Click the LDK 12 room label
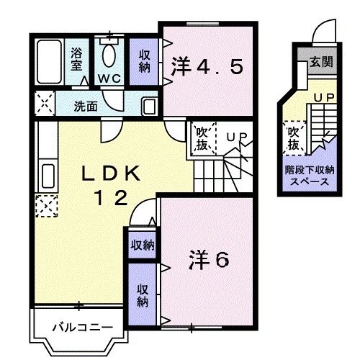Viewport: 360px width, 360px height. pyautogui.click(x=114, y=184)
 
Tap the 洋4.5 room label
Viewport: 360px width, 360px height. pyautogui.click(x=207, y=68)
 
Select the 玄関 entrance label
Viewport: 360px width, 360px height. pyautogui.click(x=322, y=62)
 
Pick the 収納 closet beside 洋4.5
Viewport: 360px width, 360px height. pyautogui.click(x=145, y=59)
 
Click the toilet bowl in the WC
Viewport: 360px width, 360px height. pyautogui.click(x=110, y=55)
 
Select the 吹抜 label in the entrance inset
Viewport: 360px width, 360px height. pyautogui.click(x=293, y=138)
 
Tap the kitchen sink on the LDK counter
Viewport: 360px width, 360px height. pyautogui.click(x=48, y=176)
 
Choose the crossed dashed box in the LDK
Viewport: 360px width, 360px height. pyautogui.click(x=47, y=207)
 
